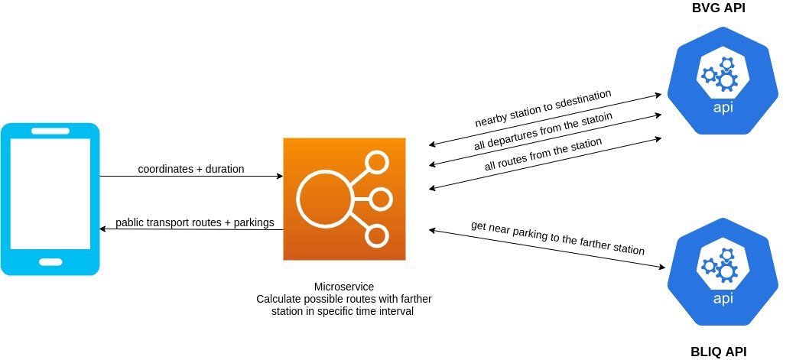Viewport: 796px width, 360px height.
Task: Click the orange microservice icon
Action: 343,199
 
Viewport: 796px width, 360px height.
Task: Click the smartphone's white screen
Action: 50,196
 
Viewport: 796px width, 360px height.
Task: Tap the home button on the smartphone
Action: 50,262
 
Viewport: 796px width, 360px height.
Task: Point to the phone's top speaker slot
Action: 50,131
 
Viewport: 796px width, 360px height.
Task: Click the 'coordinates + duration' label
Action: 191,168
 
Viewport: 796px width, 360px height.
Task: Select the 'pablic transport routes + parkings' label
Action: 194,223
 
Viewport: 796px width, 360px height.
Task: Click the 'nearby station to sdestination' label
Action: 543,108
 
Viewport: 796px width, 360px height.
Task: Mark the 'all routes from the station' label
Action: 543,154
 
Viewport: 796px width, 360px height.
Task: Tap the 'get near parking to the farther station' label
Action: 557,238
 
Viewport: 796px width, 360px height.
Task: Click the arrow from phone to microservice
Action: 191,177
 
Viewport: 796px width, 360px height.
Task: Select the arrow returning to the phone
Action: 191,230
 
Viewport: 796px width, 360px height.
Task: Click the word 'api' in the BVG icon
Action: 723,107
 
